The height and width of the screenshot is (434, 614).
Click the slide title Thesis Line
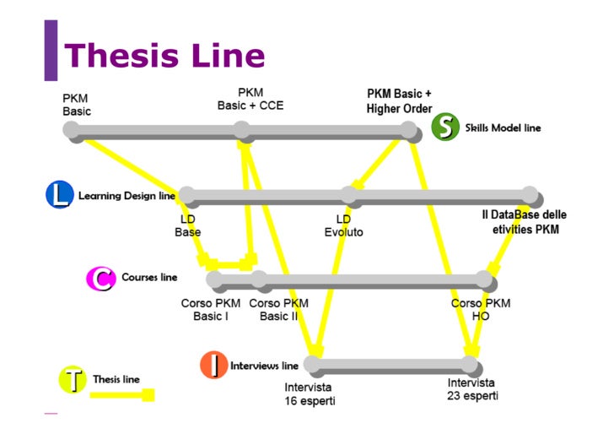pos(164,56)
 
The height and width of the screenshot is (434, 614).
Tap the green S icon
pos(444,128)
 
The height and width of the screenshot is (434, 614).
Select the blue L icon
pos(60,195)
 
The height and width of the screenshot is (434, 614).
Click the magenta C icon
pos(100,278)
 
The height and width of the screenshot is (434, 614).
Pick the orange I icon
pos(214,366)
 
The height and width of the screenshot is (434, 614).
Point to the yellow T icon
pos(73,380)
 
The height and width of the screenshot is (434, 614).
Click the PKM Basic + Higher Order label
pos(399,101)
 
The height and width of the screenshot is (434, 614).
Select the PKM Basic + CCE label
pos(250,99)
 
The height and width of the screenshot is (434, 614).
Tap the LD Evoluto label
pos(343,225)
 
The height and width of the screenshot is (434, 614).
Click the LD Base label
pos(187,225)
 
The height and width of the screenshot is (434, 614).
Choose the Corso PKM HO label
pos(481,309)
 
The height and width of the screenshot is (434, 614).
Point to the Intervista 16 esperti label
pos(310,394)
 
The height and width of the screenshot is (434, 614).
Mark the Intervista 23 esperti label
pos(472,389)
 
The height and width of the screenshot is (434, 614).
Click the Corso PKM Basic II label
pos(279,309)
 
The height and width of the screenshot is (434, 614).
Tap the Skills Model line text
pos(503,128)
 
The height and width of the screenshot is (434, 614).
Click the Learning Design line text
pos(127,196)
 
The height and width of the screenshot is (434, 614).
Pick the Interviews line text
pos(264,366)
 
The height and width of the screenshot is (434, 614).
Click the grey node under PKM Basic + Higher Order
pos(409,130)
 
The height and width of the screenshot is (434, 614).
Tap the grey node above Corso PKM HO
pos(484,279)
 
